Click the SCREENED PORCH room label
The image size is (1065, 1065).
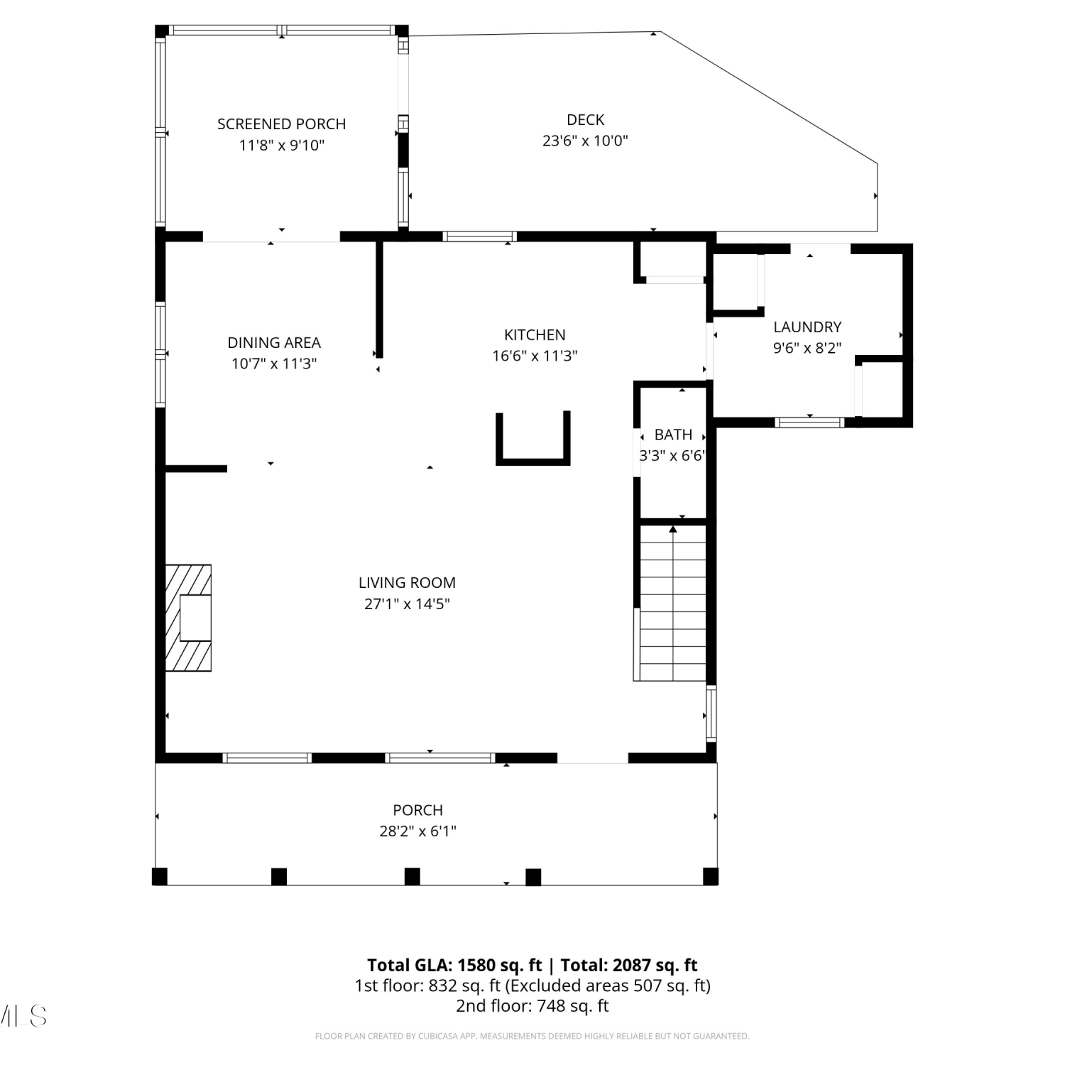[x=281, y=124]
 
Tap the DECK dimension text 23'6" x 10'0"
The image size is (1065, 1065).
[x=585, y=141]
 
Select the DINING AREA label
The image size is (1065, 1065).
[x=274, y=342]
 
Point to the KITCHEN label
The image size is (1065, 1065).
[x=535, y=334]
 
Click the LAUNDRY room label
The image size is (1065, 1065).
[x=807, y=327]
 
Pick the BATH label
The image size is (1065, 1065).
[x=673, y=435]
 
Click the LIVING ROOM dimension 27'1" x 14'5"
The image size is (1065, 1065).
[x=407, y=604]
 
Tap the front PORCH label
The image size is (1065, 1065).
[x=417, y=810]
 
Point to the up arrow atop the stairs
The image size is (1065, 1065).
[x=673, y=529]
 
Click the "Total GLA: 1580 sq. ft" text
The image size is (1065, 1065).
[x=454, y=965]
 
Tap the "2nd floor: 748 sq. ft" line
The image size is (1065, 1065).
[x=532, y=1005]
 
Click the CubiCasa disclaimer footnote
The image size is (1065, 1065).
[x=532, y=1036]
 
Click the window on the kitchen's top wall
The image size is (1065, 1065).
[x=480, y=236]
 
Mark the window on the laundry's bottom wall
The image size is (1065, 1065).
[x=809, y=422]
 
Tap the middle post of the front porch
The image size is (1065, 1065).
[x=412, y=877]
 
